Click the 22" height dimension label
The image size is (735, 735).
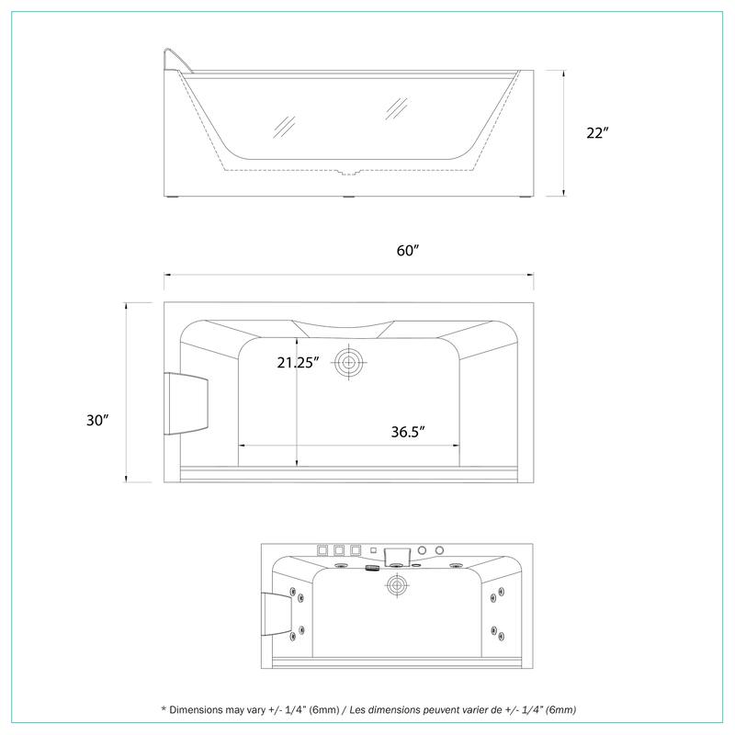point(596,133)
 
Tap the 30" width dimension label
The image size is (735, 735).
point(98,420)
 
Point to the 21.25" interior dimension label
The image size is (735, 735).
point(298,363)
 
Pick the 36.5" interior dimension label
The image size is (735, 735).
point(405,431)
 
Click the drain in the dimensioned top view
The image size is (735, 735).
point(348,362)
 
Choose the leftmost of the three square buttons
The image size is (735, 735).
point(323,550)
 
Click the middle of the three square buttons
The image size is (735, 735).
point(339,550)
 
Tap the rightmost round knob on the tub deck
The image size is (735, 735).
point(438,550)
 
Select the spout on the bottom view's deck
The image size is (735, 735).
point(398,553)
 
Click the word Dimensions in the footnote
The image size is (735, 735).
point(205,710)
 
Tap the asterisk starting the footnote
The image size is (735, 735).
point(163,709)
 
